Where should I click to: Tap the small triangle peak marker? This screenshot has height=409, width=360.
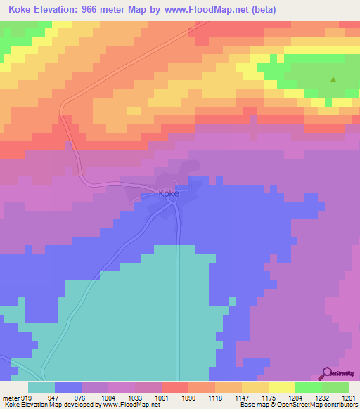333,79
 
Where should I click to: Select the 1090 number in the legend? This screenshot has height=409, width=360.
188,397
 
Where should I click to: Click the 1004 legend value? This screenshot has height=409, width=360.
108,397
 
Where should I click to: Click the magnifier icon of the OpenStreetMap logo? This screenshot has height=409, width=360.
327,373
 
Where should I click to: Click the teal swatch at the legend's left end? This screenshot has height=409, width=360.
41,387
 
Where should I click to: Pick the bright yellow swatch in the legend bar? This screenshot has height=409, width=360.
281,387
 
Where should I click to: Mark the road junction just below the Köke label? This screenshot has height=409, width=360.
172,204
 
